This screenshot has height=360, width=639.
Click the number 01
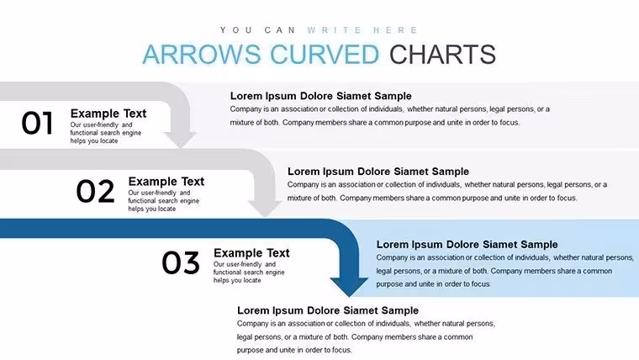(x=37, y=123)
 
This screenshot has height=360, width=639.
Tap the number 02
(x=95, y=191)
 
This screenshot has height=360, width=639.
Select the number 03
(x=181, y=262)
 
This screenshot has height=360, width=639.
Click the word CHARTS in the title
(x=442, y=54)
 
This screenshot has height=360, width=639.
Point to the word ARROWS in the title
(x=201, y=54)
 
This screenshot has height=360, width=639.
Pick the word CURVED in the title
(x=325, y=54)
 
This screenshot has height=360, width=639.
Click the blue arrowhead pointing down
(x=349, y=286)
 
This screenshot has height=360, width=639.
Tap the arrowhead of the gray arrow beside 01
(x=180, y=140)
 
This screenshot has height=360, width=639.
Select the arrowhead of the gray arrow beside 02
(x=265, y=208)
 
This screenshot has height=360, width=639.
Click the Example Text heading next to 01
(x=108, y=114)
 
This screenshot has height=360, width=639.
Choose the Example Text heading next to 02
(x=166, y=181)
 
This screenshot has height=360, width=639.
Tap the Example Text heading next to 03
(x=251, y=253)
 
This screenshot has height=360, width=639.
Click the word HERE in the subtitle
(x=395, y=30)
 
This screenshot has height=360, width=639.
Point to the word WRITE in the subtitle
(x=334, y=30)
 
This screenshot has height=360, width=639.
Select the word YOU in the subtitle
(x=236, y=30)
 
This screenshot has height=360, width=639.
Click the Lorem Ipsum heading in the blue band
(x=467, y=244)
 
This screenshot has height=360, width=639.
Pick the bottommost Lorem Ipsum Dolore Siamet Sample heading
(x=328, y=310)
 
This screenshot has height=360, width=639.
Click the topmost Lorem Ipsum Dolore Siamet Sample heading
(x=320, y=96)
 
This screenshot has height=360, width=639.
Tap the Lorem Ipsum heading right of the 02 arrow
(x=378, y=172)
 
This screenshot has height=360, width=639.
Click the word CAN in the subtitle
(x=280, y=30)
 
